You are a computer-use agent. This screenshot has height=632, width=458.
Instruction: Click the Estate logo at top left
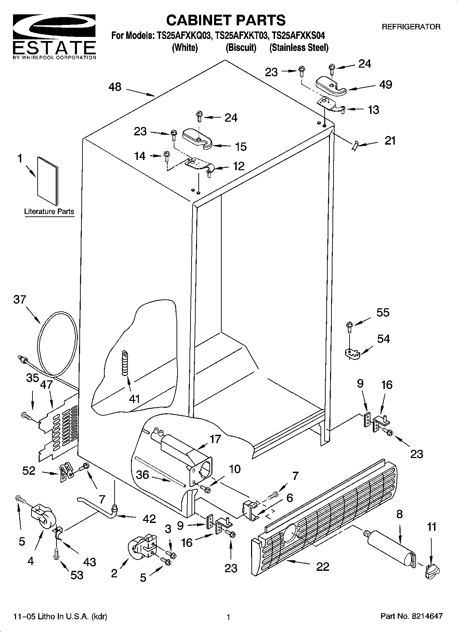(x=54, y=36)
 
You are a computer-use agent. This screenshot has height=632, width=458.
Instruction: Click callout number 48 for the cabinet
(x=115, y=87)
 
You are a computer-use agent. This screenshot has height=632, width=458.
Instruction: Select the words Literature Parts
(x=49, y=212)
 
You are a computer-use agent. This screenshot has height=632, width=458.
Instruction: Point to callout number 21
(x=390, y=140)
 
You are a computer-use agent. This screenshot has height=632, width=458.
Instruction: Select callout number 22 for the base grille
(x=322, y=566)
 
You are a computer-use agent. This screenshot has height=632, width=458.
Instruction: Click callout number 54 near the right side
(x=383, y=339)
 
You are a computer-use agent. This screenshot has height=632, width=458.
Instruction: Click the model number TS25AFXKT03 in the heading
(x=241, y=36)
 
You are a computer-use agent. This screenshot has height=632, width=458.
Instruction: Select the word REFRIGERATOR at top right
(x=411, y=27)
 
